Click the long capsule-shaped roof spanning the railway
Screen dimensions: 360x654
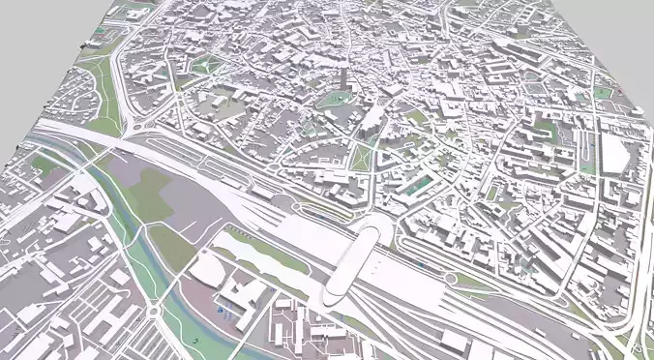tap(355, 258)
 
